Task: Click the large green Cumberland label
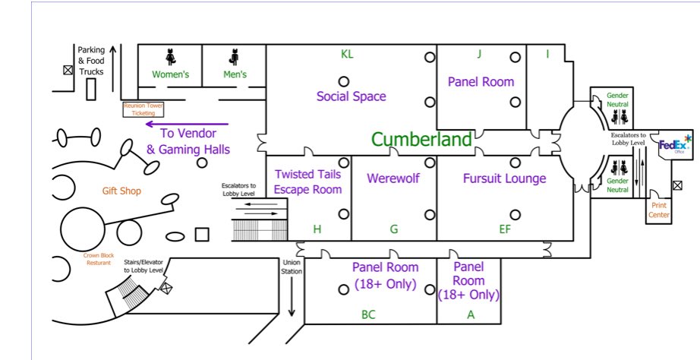coord(421,139)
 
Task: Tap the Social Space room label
coord(351,96)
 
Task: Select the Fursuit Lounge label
coord(504,178)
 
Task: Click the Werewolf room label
coord(393,178)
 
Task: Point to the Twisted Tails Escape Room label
coord(307,182)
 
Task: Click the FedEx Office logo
coord(674,144)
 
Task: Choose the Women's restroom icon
coord(171,57)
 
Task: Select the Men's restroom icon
coord(235,57)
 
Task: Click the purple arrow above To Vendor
coord(187,123)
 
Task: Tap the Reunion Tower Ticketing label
coord(143,109)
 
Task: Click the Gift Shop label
coord(121,191)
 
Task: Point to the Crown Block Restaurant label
coord(97,260)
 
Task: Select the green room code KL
coord(347,54)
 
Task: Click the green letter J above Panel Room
coord(479,54)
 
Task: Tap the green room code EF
coord(504,229)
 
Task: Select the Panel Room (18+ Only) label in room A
coord(468,281)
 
